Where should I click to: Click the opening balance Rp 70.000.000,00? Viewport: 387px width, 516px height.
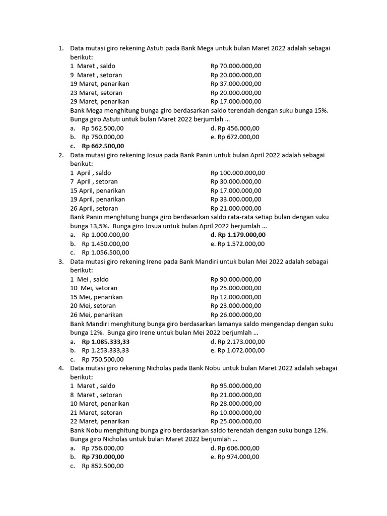(x=236, y=66)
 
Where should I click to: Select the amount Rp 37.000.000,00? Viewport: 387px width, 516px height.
(x=236, y=84)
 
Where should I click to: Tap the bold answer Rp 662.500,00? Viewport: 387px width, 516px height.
(x=103, y=146)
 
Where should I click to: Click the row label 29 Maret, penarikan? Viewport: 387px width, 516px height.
(x=96, y=101)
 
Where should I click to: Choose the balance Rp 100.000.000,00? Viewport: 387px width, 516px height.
(x=238, y=173)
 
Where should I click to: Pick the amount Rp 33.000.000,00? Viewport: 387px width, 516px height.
(x=236, y=200)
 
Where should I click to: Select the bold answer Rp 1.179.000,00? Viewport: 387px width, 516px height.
(x=238, y=235)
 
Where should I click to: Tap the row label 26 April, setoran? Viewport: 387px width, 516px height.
(x=94, y=208)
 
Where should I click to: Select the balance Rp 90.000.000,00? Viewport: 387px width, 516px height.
(x=236, y=279)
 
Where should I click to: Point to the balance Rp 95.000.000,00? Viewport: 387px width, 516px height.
(x=236, y=386)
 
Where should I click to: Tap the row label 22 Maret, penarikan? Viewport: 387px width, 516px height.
(x=100, y=421)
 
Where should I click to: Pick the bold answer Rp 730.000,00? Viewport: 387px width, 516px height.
(x=103, y=457)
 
